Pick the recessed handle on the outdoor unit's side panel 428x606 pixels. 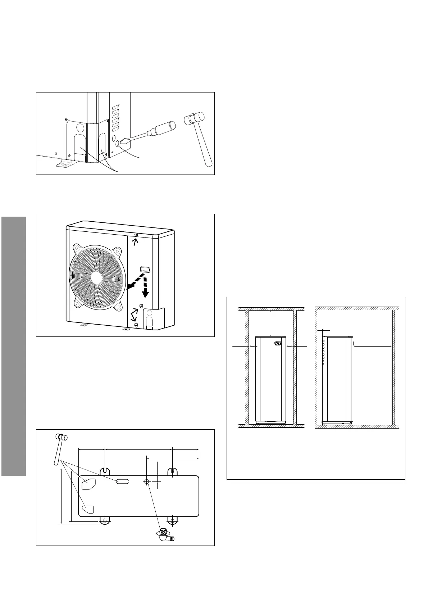point(145,269)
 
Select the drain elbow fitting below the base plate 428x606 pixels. point(164,536)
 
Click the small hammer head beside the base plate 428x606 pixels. point(61,437)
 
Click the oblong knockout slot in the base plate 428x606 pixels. point(122,481)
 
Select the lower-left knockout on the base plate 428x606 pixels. point(88,509)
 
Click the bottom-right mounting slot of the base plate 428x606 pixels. point(173,520)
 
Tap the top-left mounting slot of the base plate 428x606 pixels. point(104,471)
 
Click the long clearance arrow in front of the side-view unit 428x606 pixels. point(372,347)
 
